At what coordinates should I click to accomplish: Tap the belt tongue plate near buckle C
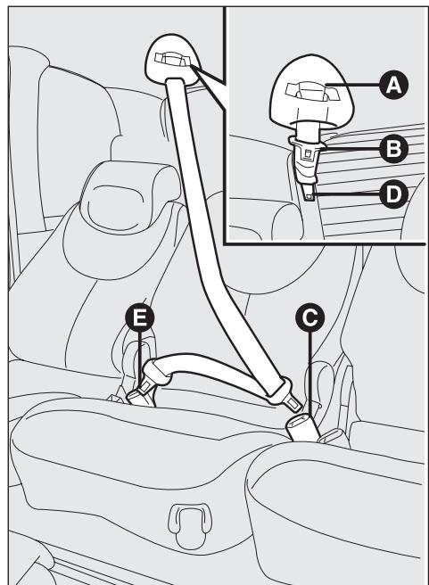tap(278, 390)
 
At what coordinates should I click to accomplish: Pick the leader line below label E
tap(141, 357)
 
